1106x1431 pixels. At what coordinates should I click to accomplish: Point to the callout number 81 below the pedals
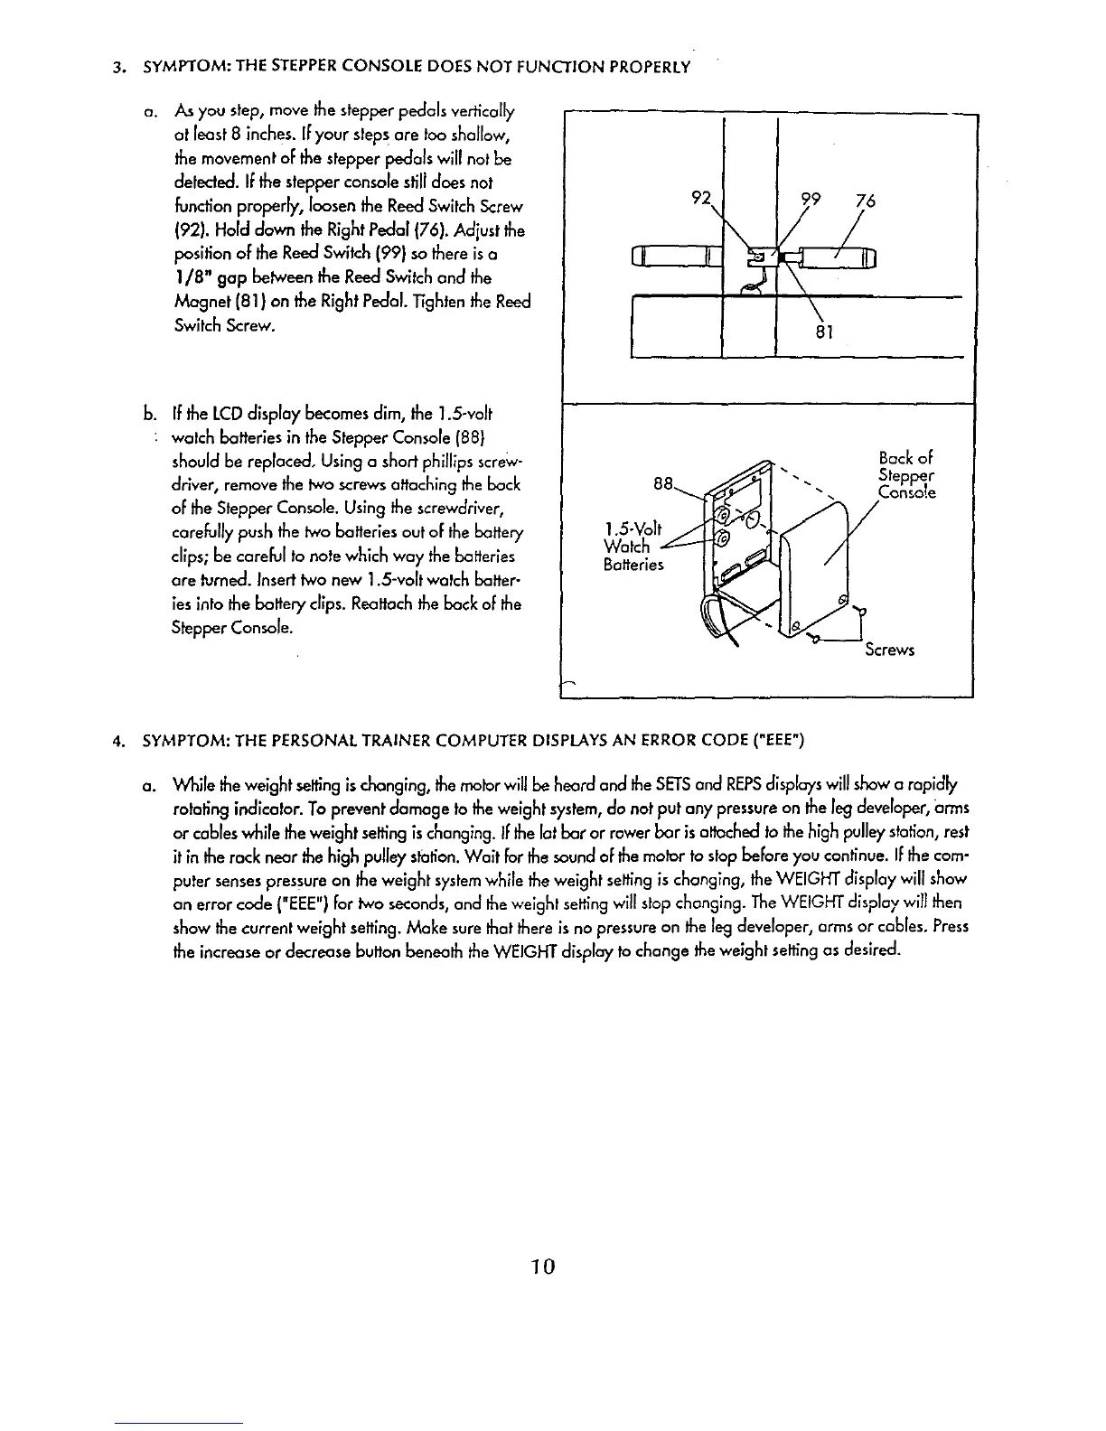pyautogui.click(x=822, y=331)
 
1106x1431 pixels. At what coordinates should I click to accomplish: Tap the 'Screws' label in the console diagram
pyautogui.click(x=889, y=650)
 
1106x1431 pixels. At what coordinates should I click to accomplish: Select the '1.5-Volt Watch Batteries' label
pyautogui.click(x=633, y=547)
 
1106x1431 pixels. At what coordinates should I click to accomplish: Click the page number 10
pyautogui.click(x=542, y=1266)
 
